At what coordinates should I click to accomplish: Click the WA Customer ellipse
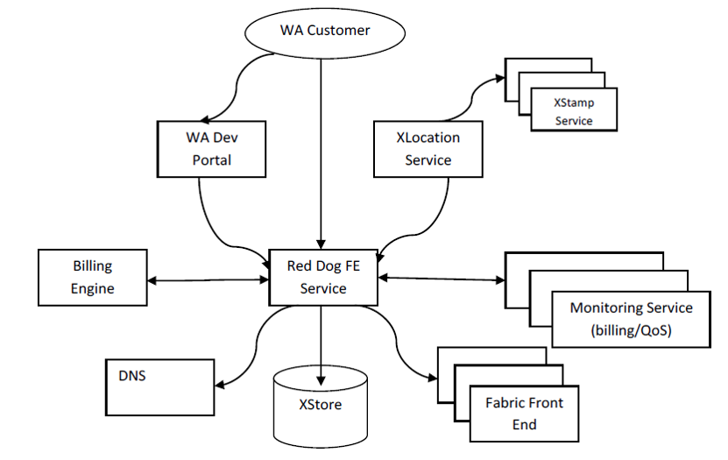[325, 32]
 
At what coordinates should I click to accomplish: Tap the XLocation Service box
[428, 148]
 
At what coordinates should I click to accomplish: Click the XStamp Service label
[574, 111]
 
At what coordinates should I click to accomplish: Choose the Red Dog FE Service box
[322, 276]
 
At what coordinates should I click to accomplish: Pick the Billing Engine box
[93, 276]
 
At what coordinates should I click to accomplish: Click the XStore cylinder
[320, 405]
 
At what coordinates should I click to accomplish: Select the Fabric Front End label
[524, 413]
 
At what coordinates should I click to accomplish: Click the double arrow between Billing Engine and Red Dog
[209, 280]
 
